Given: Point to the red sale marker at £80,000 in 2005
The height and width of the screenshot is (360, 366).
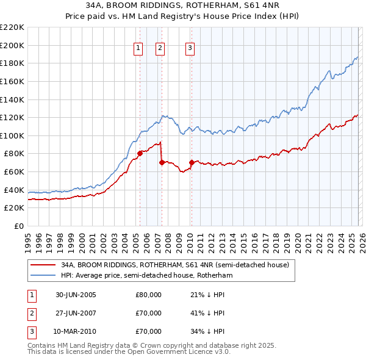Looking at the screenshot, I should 140,153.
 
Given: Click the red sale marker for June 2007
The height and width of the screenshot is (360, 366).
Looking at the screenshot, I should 162,162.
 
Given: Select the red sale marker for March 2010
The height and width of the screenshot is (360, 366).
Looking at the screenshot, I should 191,162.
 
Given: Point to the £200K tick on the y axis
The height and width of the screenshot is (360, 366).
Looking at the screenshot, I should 12,45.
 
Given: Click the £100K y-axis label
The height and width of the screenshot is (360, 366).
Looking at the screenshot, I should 12,135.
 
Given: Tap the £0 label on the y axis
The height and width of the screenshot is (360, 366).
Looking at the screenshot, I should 18,226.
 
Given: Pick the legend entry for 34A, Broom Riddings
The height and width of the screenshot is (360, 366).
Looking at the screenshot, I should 178,265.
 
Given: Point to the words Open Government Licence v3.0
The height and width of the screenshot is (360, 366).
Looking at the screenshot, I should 184,353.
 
